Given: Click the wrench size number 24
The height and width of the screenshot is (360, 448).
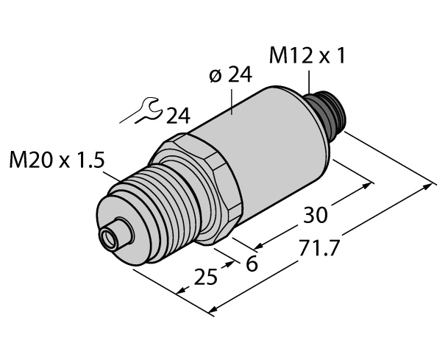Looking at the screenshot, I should (177, 116).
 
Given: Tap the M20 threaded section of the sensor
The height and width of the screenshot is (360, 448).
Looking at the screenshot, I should (147, 213).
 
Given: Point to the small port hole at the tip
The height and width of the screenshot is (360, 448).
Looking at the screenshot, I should (108, 237).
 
